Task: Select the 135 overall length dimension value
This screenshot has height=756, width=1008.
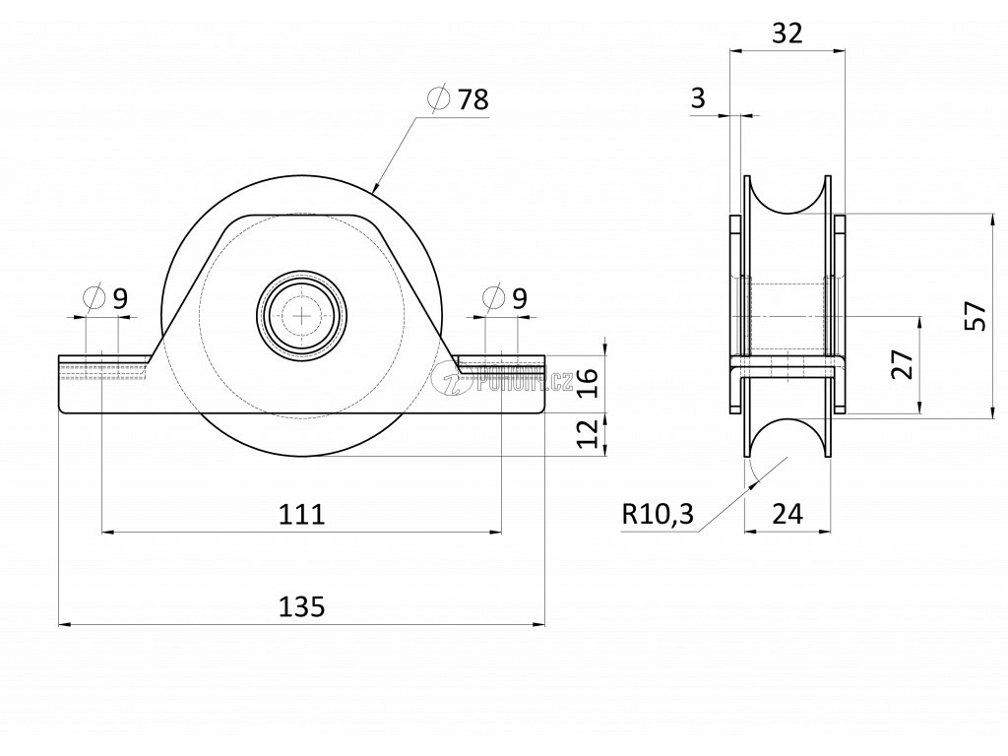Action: click(x=301, y=606)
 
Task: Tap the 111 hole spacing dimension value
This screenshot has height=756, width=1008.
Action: click(x=301, y=514)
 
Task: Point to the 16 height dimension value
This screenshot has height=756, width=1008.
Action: click(x=586, y=380)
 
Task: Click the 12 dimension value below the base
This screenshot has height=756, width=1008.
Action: click(x=586, y=432)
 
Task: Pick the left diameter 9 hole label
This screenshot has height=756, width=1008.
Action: click(x=106, y=296)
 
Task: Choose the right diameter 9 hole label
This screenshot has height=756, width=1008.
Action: click(x=506, y=296)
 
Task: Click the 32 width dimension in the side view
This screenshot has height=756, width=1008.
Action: click(x=787, y=33)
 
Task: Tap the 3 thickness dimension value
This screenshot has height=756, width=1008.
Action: click(x=699, y=97)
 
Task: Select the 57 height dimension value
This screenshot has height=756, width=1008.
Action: click(x=975, y=316)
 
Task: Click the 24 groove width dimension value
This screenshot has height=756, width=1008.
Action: click(x=788, y=513)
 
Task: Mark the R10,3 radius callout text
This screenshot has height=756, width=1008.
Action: click(x=658, y=513)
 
